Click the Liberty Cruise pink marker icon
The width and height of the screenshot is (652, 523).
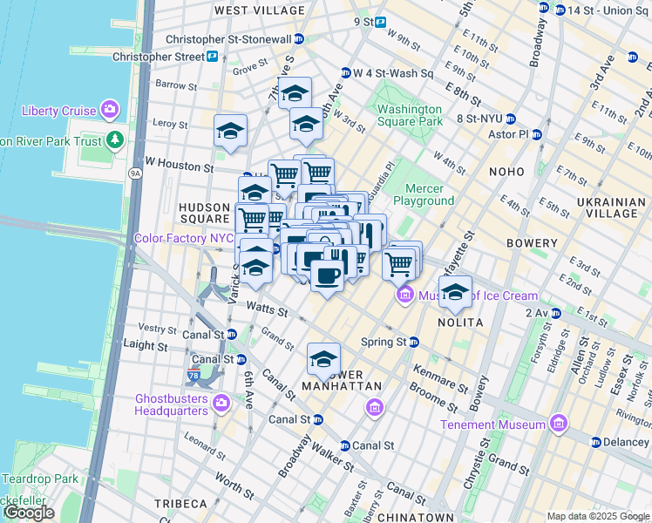[x=109, y=110]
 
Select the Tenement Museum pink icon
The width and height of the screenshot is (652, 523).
[x=558, y=425]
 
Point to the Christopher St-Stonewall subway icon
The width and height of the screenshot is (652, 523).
[x=299, y=39]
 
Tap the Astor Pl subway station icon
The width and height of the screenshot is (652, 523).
[x=537, y=134]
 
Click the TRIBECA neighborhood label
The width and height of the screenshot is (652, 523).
[x=180, y=504]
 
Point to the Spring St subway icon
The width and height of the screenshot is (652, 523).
[x=414, y=343]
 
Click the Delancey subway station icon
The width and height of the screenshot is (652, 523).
[x=597, y=442]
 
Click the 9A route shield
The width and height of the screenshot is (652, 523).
[x=135, y=173]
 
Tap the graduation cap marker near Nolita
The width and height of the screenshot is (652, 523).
[x=454, y=292]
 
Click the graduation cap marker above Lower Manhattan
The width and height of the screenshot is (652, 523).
[x=323, y=358]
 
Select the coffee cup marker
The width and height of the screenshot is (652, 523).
[x=327, y=276]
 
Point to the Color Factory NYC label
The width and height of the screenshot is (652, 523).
[x=182, y=238]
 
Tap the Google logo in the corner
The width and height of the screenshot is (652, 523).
[x=29, y=513]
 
